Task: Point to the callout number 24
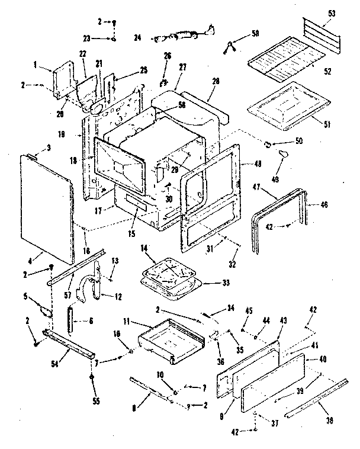138,37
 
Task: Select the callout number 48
257,163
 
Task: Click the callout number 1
36,65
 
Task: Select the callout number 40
323,359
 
